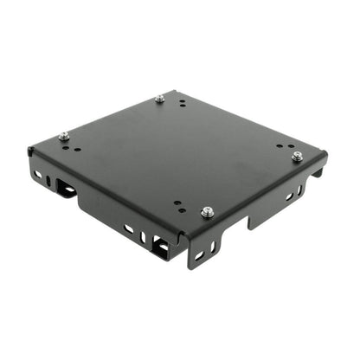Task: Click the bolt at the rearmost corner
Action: pyautogui.click(x=159, y=99)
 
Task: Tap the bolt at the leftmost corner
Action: pyautogui.click(x=64, y=136)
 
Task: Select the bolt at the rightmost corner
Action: pyautogui.click(x=297, y=156)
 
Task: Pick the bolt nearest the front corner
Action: pyautogui.click(x=207, y=211)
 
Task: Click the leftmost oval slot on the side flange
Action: pyautogui.click(x=37, y=175)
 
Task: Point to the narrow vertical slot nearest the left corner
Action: pyautogui.click(x=49, y=181)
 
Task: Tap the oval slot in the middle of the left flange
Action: pyautogui.click(x=128, y=229)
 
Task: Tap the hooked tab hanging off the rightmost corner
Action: pyautogui.click(x=317, y=173)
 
